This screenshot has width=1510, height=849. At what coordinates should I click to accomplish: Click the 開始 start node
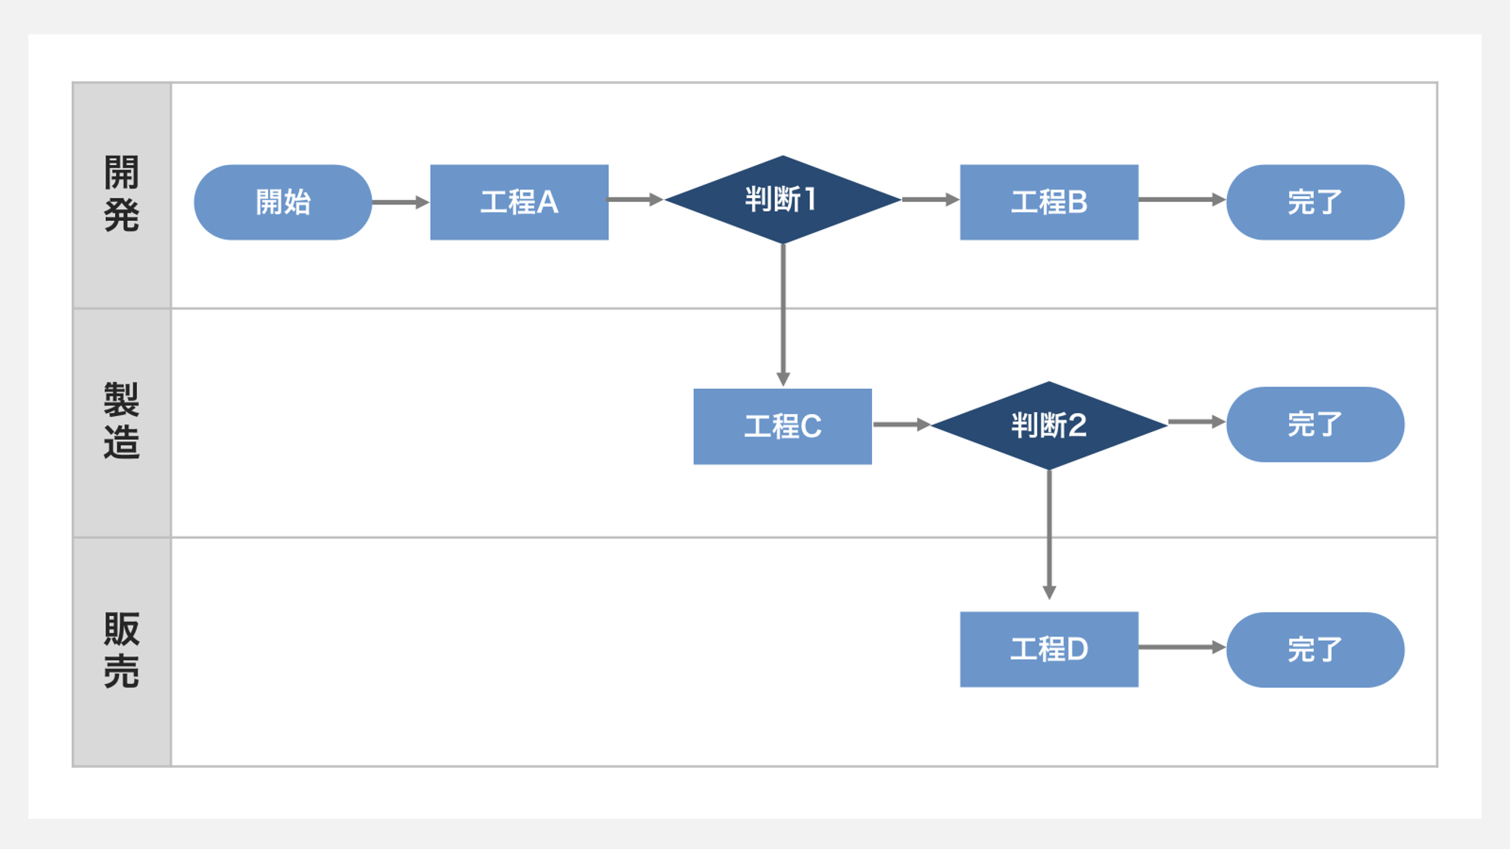282,202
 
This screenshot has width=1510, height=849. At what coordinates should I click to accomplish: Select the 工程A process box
519,202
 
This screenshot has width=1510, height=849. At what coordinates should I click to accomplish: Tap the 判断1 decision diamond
783,200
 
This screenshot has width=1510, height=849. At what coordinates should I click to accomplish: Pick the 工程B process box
1049,202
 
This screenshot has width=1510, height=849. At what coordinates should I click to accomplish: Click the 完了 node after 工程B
1315,202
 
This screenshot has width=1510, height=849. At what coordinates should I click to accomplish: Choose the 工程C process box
783,426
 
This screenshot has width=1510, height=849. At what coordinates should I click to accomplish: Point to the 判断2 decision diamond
1049,425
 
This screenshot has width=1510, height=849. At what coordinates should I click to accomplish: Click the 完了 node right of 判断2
1315,424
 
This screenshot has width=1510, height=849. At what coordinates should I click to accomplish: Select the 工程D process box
1049,649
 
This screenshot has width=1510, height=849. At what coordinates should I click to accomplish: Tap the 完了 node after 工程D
1315,649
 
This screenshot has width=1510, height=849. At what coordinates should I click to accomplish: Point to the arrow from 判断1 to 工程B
930,200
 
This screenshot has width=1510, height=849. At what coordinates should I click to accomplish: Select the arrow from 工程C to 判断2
901,424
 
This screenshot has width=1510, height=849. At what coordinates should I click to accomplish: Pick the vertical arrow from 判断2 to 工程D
1049,533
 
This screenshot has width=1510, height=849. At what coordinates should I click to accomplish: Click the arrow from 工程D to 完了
1182,647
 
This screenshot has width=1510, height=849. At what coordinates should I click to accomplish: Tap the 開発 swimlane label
122,194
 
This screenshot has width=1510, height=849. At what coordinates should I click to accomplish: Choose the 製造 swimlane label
122,421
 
